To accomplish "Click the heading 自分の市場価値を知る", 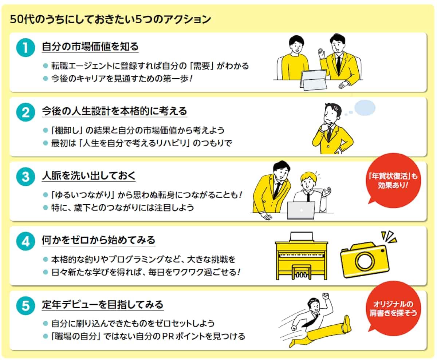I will click(x=90, y=47).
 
